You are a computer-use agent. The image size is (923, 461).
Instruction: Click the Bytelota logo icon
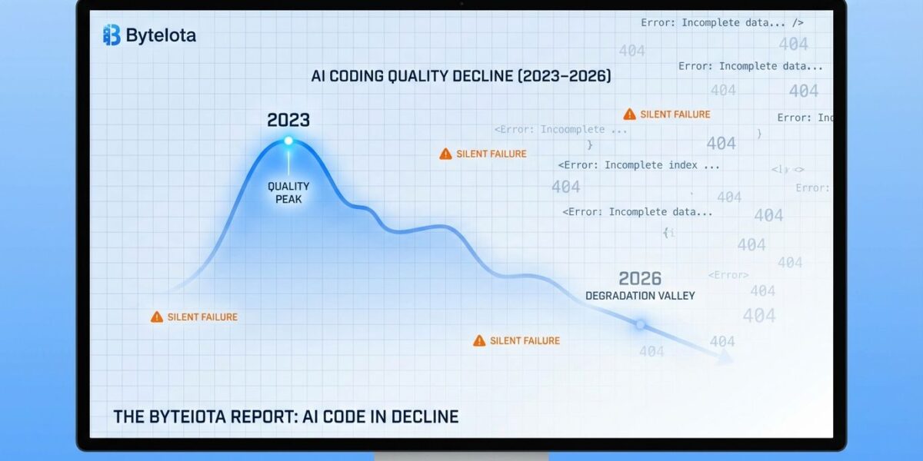click(112, 35)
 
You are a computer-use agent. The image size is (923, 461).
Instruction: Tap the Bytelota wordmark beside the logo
click(161, 35)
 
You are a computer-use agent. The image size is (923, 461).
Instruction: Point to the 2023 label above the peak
click(288, 120)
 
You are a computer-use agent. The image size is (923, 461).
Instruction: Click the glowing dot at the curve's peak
click(288, 141)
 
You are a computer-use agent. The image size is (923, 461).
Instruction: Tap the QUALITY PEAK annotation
click(288, 192)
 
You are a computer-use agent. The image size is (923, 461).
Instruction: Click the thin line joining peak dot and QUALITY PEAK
click(288, 161)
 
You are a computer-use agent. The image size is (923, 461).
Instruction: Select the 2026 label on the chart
click(640, 278)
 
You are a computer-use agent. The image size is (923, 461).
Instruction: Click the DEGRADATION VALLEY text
click(640, 296)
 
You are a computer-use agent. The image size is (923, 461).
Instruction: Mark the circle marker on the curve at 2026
click(640, 325)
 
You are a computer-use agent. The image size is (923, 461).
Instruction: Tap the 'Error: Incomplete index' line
click(639, 165)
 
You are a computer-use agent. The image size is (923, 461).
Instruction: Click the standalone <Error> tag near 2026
click(728, 275)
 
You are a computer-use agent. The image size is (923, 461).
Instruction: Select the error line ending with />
click(722, 23)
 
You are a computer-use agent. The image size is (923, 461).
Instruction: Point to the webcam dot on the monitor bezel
click(461, 5)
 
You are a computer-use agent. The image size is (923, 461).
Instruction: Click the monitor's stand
click(461, 456)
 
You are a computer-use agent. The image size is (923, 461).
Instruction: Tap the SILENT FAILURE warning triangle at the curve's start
click(157, 317)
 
